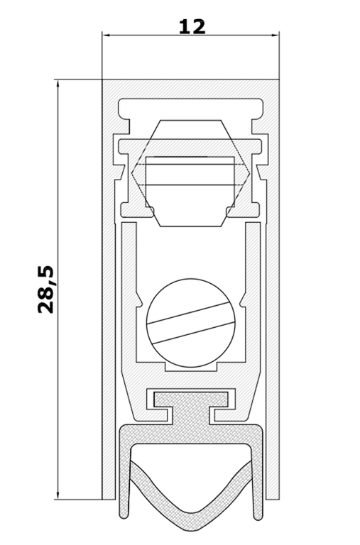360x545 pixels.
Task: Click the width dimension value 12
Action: pyautogui.click(x=192, y=26)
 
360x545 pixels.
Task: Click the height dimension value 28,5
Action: pyautogui.click(x=46, y=290)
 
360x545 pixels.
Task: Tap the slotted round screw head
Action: pyautogui.click(x=191, y=323)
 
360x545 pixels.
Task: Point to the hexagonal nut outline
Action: pyautogui.click(x=190, y=173)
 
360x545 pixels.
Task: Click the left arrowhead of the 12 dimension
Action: pyautogui.click(x=106, y=35)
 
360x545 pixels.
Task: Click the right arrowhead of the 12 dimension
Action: pyautogui.click(x=275, y=35)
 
